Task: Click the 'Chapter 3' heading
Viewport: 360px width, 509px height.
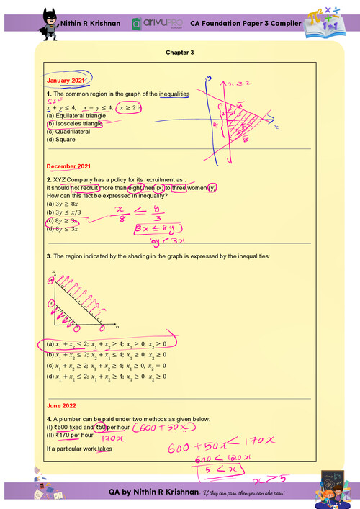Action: click(179, 53)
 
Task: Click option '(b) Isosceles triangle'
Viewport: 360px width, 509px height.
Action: click(74, 123)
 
